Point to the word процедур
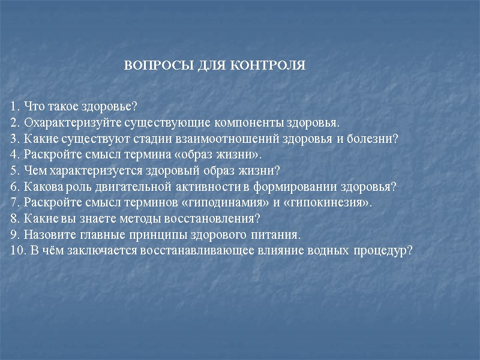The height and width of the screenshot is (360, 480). pyautogui.click(x=382, y=250)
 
